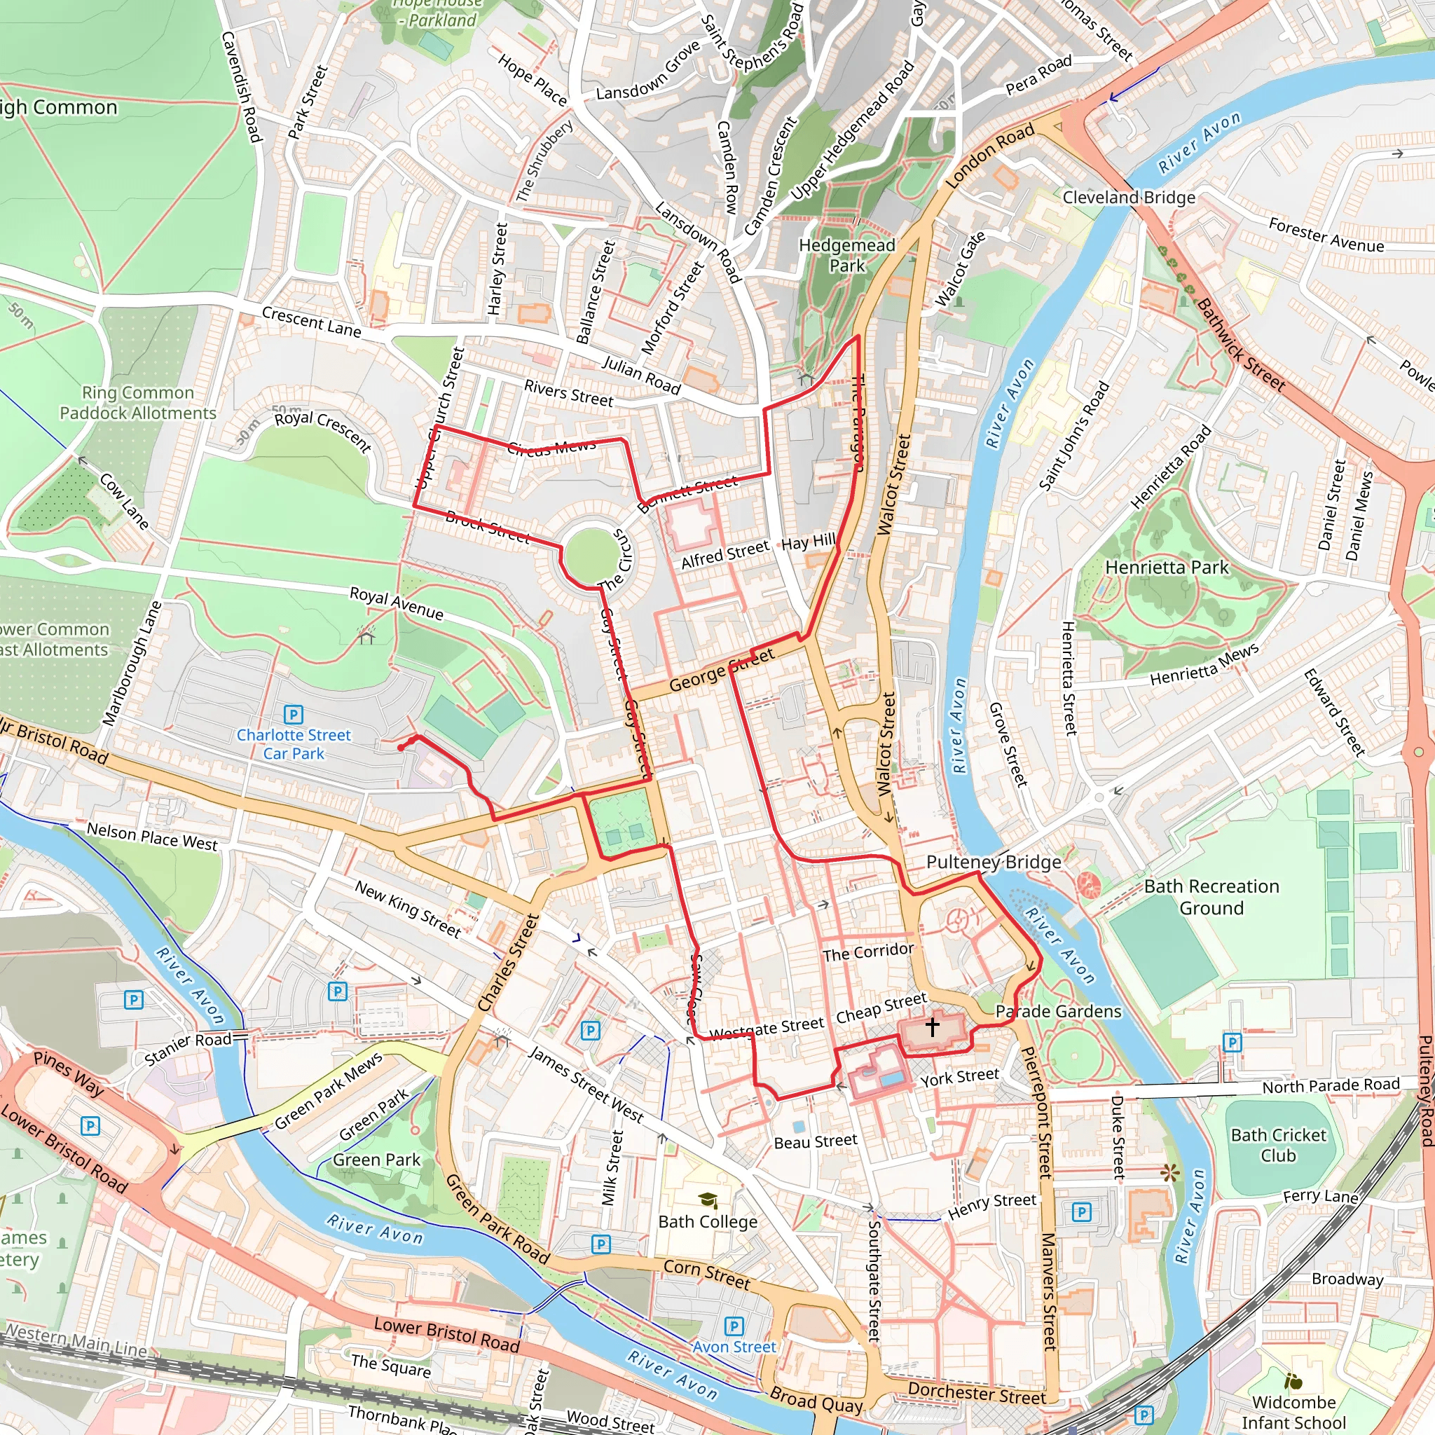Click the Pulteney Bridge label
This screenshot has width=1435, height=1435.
click(x=993, y=862)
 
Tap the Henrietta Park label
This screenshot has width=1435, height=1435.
click(x=1167, y=568)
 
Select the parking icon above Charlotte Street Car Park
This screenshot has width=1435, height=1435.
click(x=294, y=715)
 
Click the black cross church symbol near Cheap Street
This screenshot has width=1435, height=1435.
click(x=932, y=1027)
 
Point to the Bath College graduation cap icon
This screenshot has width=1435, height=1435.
click(x=708, y=1200)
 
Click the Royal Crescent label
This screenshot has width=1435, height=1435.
click(x=322, y=430)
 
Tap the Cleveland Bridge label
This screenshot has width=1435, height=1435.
click(x=1128, y=198)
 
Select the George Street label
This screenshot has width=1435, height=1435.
click(x=721, y=669)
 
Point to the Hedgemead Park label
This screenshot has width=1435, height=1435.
click(x=846, y=255)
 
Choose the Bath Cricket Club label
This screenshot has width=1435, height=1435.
click(x=1277, y=1145)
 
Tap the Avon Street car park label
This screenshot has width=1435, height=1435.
click(x=734, y=1347)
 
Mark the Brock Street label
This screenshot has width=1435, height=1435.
click(x=487, y=528)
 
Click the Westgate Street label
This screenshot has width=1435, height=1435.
click(x=767, y=1028)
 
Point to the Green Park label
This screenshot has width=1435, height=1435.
click(x=376, y=1160)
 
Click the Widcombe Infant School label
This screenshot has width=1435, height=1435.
click(x=1293, y=1412)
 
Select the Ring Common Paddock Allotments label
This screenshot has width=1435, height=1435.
click(x=137, y=403)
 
